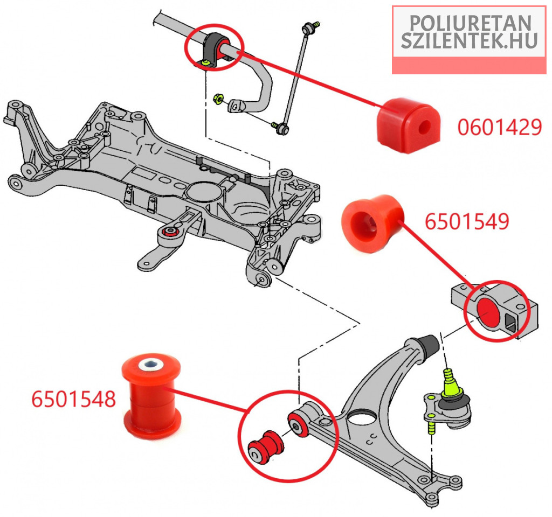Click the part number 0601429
(x=499, y=127)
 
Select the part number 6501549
(x=467, y=221)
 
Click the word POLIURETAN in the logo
(x=470, y=23)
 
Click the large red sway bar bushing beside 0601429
(x=408, y=124)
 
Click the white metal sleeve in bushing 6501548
(x=149, y=365)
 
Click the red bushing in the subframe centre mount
(x=169, y=233)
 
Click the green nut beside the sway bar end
(x=219, y=99)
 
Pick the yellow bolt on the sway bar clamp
(x=205, y=64)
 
